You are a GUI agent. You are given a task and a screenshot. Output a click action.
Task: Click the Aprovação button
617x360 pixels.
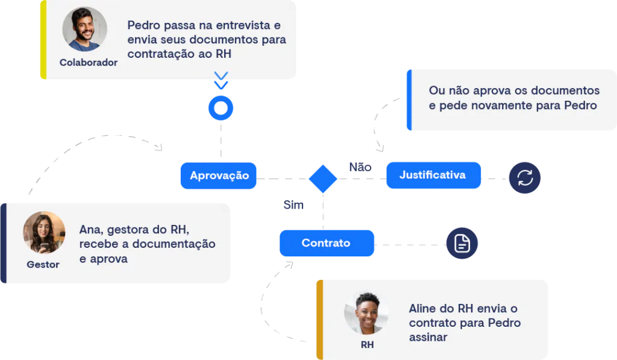(x=219, y=176)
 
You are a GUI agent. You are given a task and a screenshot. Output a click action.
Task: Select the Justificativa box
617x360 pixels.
(x=433, y=175)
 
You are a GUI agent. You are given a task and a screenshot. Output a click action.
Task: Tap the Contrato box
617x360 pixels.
(x=326, y=244)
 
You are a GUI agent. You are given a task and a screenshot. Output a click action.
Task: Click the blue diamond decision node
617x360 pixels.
(x=323, y=178)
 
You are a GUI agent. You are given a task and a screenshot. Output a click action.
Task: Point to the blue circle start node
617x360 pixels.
(x=221, y=109)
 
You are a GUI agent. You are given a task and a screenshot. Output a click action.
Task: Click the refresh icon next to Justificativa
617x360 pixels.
(x=525, y=178)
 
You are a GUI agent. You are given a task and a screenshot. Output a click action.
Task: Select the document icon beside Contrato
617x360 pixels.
(x=462, y=244)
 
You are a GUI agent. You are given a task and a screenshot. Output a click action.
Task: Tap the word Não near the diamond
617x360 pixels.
(x=360, y=167)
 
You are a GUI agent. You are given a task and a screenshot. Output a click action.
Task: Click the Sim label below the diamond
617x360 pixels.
(x=293, y=205)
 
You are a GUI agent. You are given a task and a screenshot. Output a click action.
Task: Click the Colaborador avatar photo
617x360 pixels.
(x=85, y=29)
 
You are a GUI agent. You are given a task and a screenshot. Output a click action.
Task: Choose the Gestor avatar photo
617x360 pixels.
(x=43, y=232)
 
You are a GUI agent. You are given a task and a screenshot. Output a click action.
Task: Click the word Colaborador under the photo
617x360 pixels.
(x=89, y=63)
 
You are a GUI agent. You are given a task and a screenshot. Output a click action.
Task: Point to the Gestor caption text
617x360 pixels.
(x=43, y=265)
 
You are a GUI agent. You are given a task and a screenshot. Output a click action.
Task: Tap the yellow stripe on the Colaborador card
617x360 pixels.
(x=43, y=39)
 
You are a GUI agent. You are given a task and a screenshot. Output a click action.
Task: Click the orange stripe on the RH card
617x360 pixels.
(x=320, y=320)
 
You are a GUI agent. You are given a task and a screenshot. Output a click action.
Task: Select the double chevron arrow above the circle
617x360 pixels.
(x=221, y=80)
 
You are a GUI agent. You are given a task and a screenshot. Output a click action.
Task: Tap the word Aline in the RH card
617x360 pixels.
(x=424, y=309)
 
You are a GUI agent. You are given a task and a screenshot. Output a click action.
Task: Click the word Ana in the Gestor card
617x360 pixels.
(x=89, y=230)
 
